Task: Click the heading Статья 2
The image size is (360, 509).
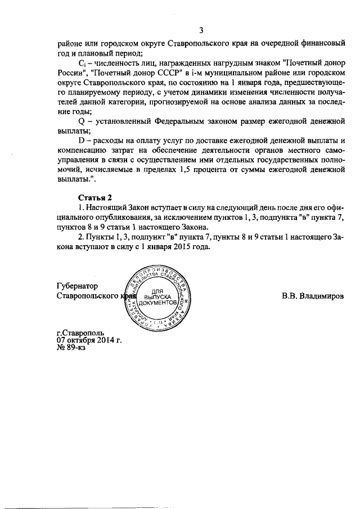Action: [94, 196]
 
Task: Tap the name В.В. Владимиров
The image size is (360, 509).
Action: [313, 295]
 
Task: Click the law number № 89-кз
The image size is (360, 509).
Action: [71, 348]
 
